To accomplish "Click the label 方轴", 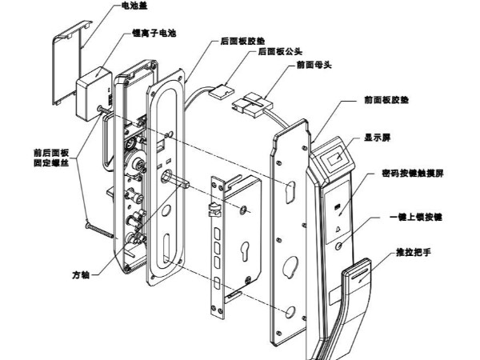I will click(x=79, y=274).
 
